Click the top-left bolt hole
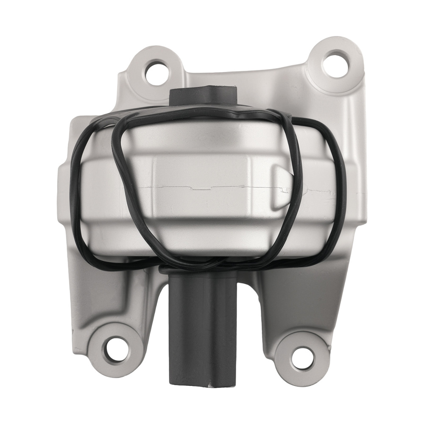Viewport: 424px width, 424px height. click(157, 72)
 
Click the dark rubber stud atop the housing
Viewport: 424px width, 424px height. click(203, 95)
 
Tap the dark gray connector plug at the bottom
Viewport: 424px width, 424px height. click(203, 335)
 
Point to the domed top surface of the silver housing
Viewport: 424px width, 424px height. click(204, 131)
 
